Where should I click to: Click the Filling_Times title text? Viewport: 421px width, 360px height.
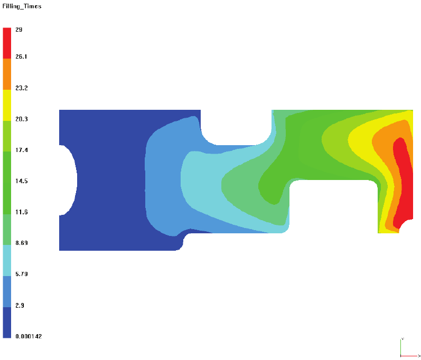click(x=22, y=6)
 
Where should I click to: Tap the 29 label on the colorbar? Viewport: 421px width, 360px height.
click(x=19, y=30)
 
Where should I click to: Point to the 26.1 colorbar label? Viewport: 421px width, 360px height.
click(x=21, y=56)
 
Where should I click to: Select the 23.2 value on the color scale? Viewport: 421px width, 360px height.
click(x=22, y=88)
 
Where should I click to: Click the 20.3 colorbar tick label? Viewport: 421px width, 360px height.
click(x=22, y=119)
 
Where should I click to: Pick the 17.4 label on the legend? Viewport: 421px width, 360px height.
click(x=22, y=150)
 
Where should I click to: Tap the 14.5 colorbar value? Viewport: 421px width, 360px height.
click(x=22, y=181)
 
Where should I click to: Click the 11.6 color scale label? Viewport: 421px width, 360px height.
click(x=22, y=212)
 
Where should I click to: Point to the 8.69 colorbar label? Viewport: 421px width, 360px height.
click(x=22, y=243)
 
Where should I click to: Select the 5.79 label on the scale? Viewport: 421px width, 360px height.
click(x=22, y=274)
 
